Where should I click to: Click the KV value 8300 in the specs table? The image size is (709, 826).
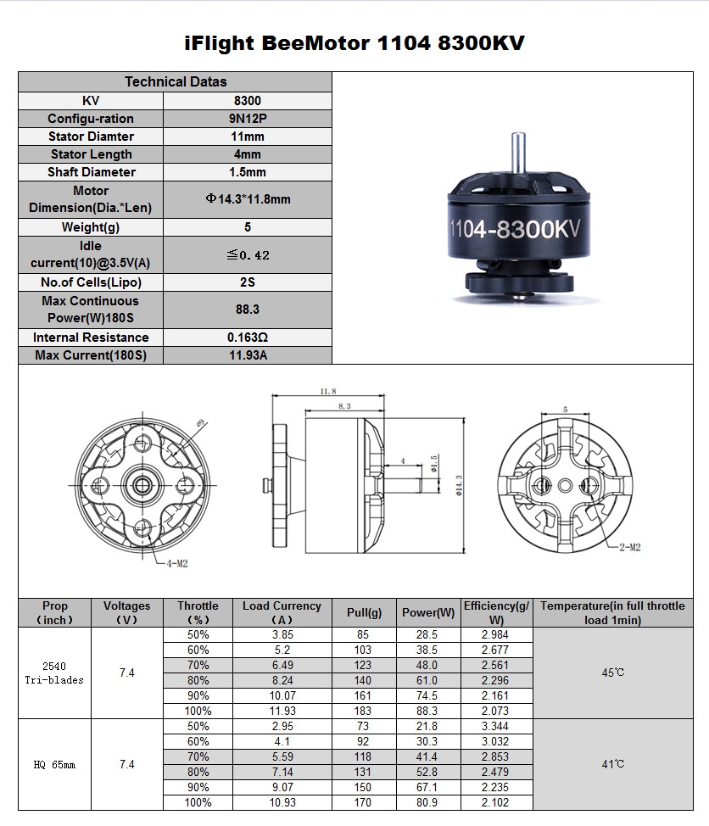(248, 101)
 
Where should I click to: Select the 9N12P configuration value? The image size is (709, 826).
(248, 119)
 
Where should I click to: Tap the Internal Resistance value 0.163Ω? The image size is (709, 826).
(248, 338)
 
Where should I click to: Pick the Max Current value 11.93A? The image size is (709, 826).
(248, 355)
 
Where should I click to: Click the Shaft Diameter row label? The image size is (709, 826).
(91, 172)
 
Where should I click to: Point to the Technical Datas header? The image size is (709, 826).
(176, 81)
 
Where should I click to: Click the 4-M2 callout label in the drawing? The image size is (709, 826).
(177, 564)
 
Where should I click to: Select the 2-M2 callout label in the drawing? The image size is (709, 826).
(630, 547)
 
